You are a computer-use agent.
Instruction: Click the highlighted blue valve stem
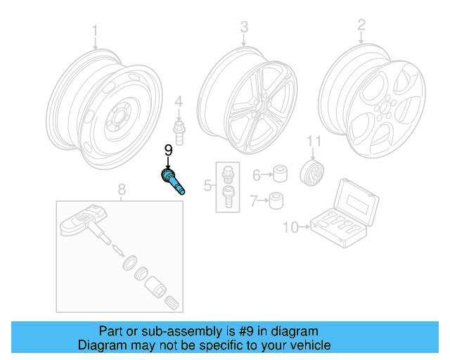coord(174,181)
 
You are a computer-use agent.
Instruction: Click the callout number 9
coord(168,150)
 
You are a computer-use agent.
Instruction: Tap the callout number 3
coord(244,27)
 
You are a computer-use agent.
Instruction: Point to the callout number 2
coord(361,25)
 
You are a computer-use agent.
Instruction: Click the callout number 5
coord(207,186)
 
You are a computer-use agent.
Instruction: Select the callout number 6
coord(257,174)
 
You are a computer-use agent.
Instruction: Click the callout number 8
coord(121,189)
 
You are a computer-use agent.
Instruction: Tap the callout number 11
coord(313,142)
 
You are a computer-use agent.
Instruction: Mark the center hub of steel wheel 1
coord(119,120)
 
